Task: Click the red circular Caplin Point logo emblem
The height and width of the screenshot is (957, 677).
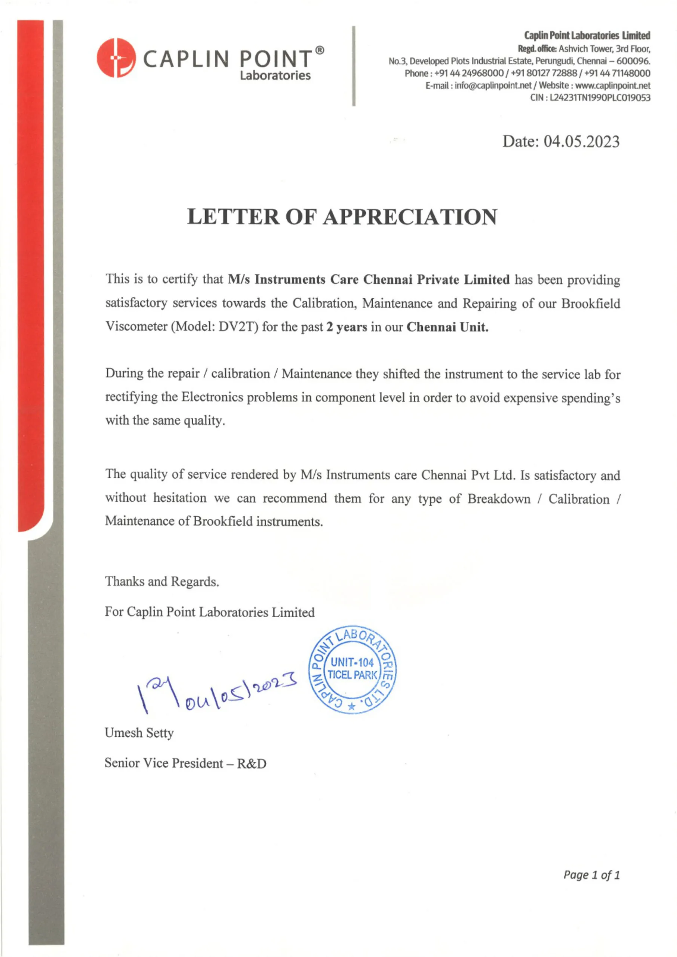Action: click(x=116, y=58)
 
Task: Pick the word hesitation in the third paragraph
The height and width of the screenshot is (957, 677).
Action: click(x=180, y=498)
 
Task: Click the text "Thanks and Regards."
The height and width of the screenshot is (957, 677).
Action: click(x=162, y=581)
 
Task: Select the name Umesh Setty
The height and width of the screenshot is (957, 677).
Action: click(x=139, y=733)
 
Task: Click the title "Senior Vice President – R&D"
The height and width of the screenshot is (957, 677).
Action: click(x=185, y=763)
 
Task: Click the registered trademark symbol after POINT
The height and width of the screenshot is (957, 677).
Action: click(x=319, y=50)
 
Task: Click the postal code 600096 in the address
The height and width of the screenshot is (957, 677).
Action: click(x=633, y=61)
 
